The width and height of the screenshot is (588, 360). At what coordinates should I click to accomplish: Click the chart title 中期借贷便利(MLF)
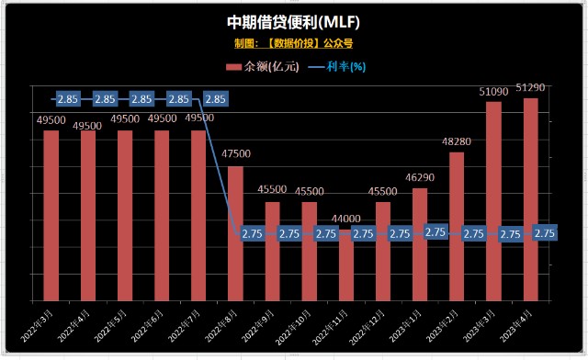292,21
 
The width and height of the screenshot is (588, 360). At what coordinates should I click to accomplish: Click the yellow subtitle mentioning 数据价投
293,42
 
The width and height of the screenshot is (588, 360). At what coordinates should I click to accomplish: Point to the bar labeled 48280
457,225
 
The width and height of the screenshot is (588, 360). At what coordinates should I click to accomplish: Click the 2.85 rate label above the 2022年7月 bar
180,98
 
